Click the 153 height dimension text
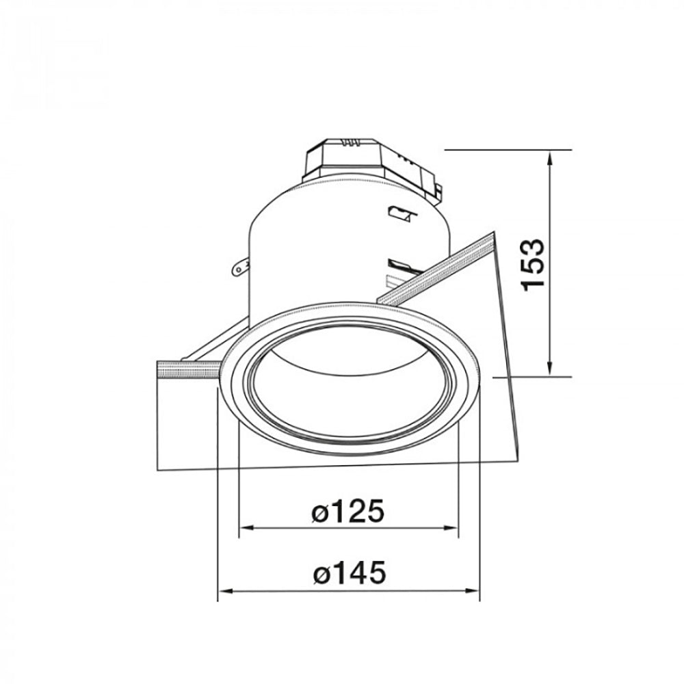(x=534, y=263)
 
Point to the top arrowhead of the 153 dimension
(x=550, y=156)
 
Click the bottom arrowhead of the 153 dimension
(x=550, y=370)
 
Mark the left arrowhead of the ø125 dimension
(x=244, y=528)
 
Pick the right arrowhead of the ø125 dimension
(x=452, y=528)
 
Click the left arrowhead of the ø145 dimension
(x=224, y=591)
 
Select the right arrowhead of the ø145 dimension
(x=473, y=591)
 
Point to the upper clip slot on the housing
(x=400, y=214)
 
